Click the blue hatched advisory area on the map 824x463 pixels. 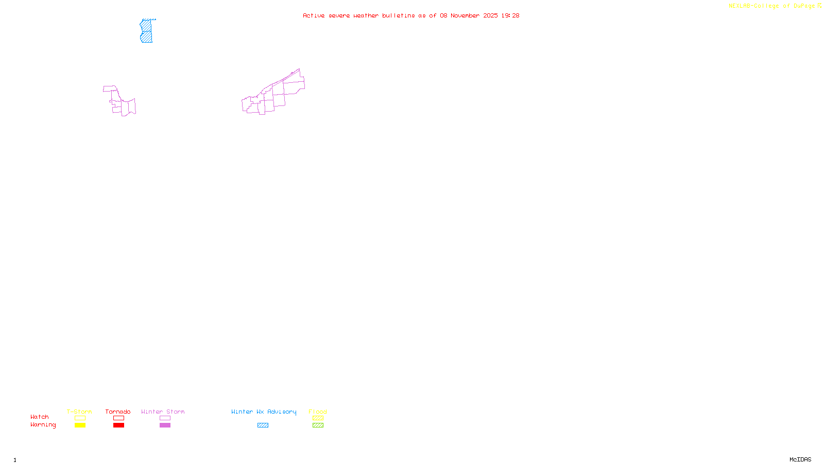click(x=146, y=31)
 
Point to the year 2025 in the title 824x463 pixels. click(x=491, y=16)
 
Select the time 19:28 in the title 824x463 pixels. click(x=510, y=16)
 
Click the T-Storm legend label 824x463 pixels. click(x=79, y=412)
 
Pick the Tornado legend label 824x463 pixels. click(x=118, y=412)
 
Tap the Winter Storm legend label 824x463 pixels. click(x=163, y=412)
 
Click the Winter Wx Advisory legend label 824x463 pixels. click(x=264, y=412)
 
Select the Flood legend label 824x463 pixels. click(x=318, y=412)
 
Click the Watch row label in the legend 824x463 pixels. click(x=40, y=417)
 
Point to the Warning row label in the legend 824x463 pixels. click(x=43, y=425)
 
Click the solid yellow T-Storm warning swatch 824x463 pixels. click(x=80, y=425)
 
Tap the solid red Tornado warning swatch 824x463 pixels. click(x=118, y=425)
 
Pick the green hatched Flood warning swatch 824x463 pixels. click(x=318, y=425)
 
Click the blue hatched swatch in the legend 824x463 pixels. click(x=263, y=425)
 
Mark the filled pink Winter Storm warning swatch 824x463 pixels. click(x=165, y=425)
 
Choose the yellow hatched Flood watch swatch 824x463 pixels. click(x=318, y=418)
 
